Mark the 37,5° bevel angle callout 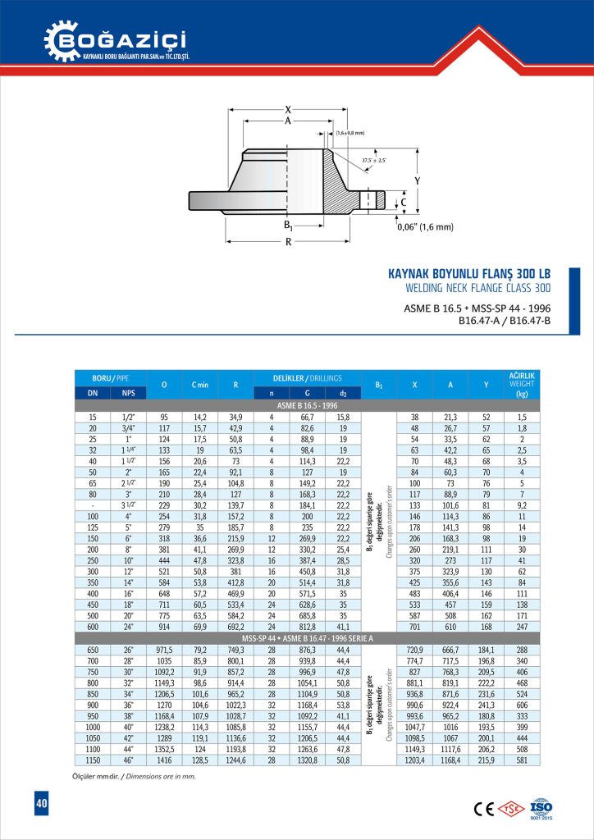click(374, 160)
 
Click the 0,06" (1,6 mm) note click(424, 227)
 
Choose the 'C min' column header click(199, 384)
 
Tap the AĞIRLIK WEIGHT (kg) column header click(522, 384)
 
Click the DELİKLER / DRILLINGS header click(307, 378)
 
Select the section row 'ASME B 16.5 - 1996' click(307, 406)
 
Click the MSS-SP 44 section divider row click(307, 637)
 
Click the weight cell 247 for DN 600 click(522, 625)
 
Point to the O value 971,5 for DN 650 click(164, 649)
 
